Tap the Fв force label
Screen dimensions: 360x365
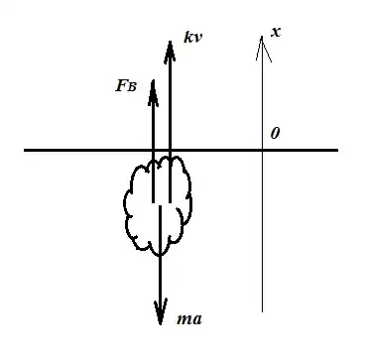[128, 85]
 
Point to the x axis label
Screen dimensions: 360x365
[276, 32]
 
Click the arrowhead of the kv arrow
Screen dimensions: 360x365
[170, 46]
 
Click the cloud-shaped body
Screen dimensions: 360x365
[160, 203]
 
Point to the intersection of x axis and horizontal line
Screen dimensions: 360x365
[263, 150]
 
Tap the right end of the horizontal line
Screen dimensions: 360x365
[338, 150]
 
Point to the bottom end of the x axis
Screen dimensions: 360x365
[263, 310]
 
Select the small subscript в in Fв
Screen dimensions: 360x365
[134, 86]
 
